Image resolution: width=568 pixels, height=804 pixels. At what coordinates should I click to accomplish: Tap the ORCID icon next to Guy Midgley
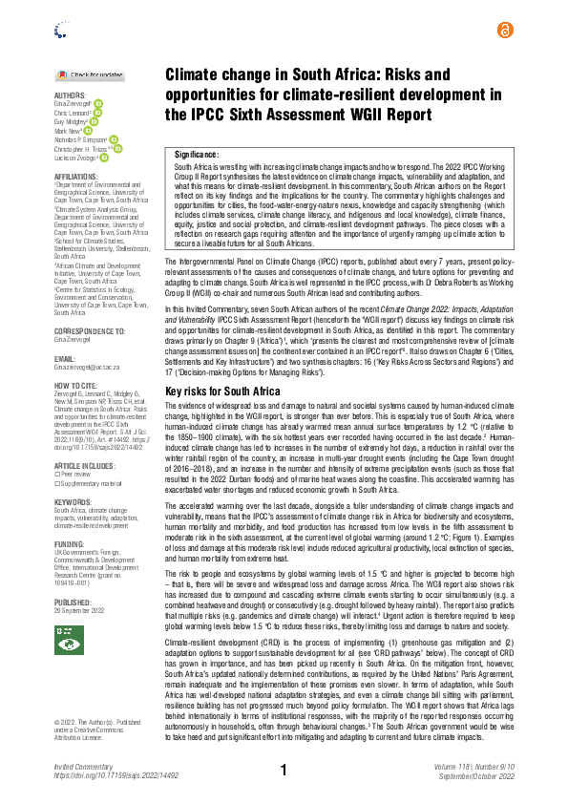click(x=94, y=121)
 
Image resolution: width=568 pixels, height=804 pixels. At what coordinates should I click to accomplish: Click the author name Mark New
click(x=70, y=132)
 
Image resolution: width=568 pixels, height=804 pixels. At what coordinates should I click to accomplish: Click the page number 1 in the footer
click(x=284, y=770)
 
